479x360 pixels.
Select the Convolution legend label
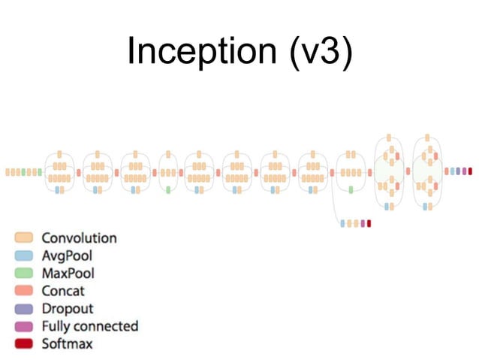point(79,238)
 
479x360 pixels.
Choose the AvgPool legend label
point(67,256)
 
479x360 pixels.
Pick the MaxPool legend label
point(68,274)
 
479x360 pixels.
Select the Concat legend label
point(63,291)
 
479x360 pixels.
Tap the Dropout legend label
point(68,309)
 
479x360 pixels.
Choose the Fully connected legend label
point(89,326)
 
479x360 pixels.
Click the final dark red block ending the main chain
point(470,171)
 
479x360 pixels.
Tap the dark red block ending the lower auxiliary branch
point(369,223)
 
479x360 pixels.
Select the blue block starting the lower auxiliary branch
point(343,223)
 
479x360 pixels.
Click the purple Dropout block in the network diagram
point(458,171)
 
